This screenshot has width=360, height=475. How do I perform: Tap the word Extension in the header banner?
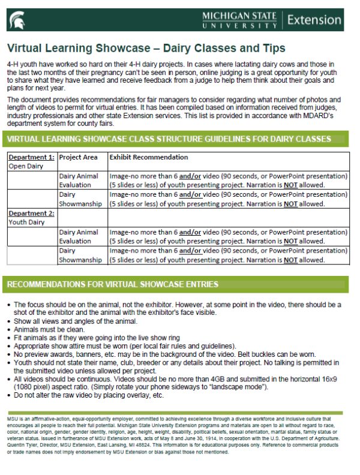(322, 19)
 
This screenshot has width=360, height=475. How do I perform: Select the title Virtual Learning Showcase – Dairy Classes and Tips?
(146, 48)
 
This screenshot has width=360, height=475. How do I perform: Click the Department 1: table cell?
(31, 157)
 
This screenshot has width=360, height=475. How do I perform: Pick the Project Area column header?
(79, 157)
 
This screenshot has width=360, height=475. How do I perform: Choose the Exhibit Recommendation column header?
(148, 157)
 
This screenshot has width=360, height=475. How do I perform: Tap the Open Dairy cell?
(26, 167)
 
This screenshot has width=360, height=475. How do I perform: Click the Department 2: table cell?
(31, 213)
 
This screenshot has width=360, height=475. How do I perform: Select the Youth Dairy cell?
(27, 223)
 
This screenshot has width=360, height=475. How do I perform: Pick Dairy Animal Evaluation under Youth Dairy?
(79, 236)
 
